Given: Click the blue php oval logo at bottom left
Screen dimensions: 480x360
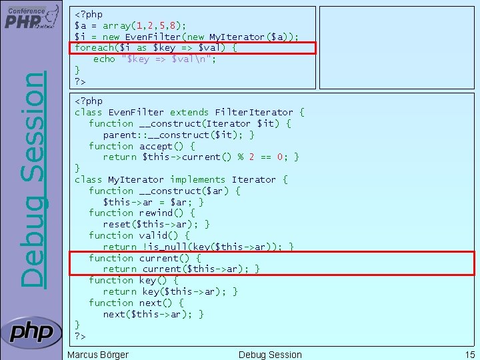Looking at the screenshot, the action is pos(31,331).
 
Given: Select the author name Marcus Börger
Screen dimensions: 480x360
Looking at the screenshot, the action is pos(98,355).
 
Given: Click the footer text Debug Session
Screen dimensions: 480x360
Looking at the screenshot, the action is pos(270,355).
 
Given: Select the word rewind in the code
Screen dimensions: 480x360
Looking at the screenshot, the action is pos(156,213).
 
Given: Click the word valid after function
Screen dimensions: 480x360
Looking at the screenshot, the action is pos(153,235).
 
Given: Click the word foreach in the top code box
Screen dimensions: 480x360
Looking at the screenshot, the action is pos(94,48).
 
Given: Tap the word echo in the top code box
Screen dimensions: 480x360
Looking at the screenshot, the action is pos(104,59).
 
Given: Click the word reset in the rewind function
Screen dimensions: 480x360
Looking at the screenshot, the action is pos(117,224).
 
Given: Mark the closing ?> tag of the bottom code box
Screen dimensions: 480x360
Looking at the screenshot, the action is pos(80,336).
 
